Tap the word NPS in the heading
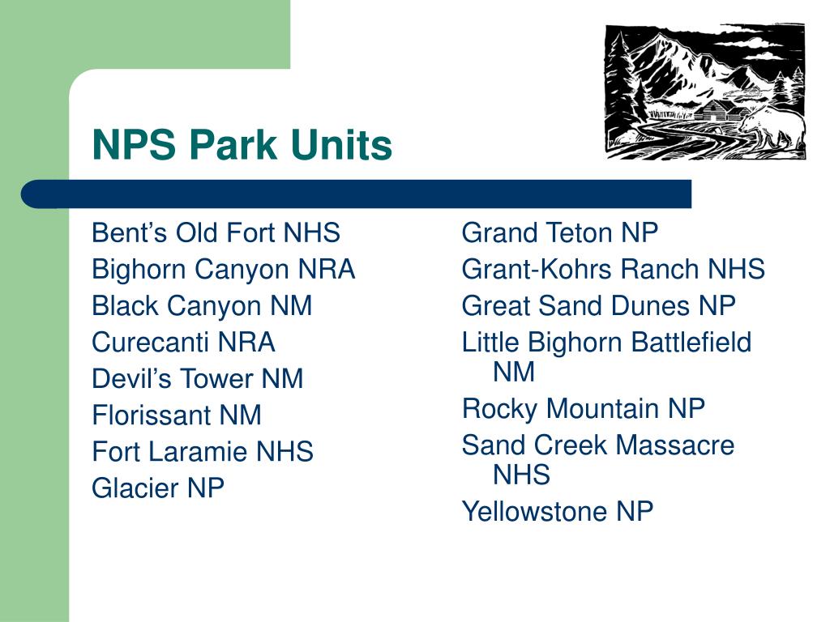[x=134, y=144]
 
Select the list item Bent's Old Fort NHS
[x=216, y=232]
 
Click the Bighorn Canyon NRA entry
[x=224, y=269]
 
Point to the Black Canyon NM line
[x=202, y=305]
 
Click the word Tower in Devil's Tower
[x=217, y=379]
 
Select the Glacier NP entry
[x=158, y=488]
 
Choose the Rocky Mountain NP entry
[x=584, y=408]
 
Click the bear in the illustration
[x=772, y=127]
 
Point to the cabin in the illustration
[x=715, y=111]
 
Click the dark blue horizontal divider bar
[x=357, y=194]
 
